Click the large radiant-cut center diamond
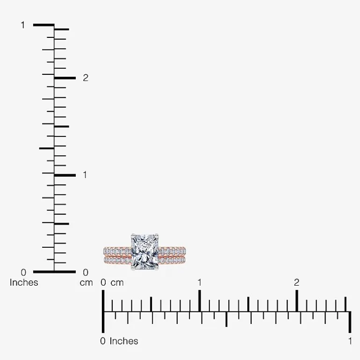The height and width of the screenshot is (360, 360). tap(144, 252)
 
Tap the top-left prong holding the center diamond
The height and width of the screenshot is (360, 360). tap(132, 235)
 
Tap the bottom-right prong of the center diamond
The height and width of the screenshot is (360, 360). tap(157, 268)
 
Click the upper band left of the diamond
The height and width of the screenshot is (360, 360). tap(117, 251)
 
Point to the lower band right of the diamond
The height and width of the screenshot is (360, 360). tap(172, 260)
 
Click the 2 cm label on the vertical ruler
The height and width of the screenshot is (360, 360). tap(86, 78)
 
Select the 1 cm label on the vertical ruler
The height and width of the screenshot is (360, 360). tap(85, 175)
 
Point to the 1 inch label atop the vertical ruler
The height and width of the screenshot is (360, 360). tap(23, 25)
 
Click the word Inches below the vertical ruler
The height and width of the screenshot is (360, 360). tap(24, 283)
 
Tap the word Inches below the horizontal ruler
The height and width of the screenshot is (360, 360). tap(124, 341)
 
